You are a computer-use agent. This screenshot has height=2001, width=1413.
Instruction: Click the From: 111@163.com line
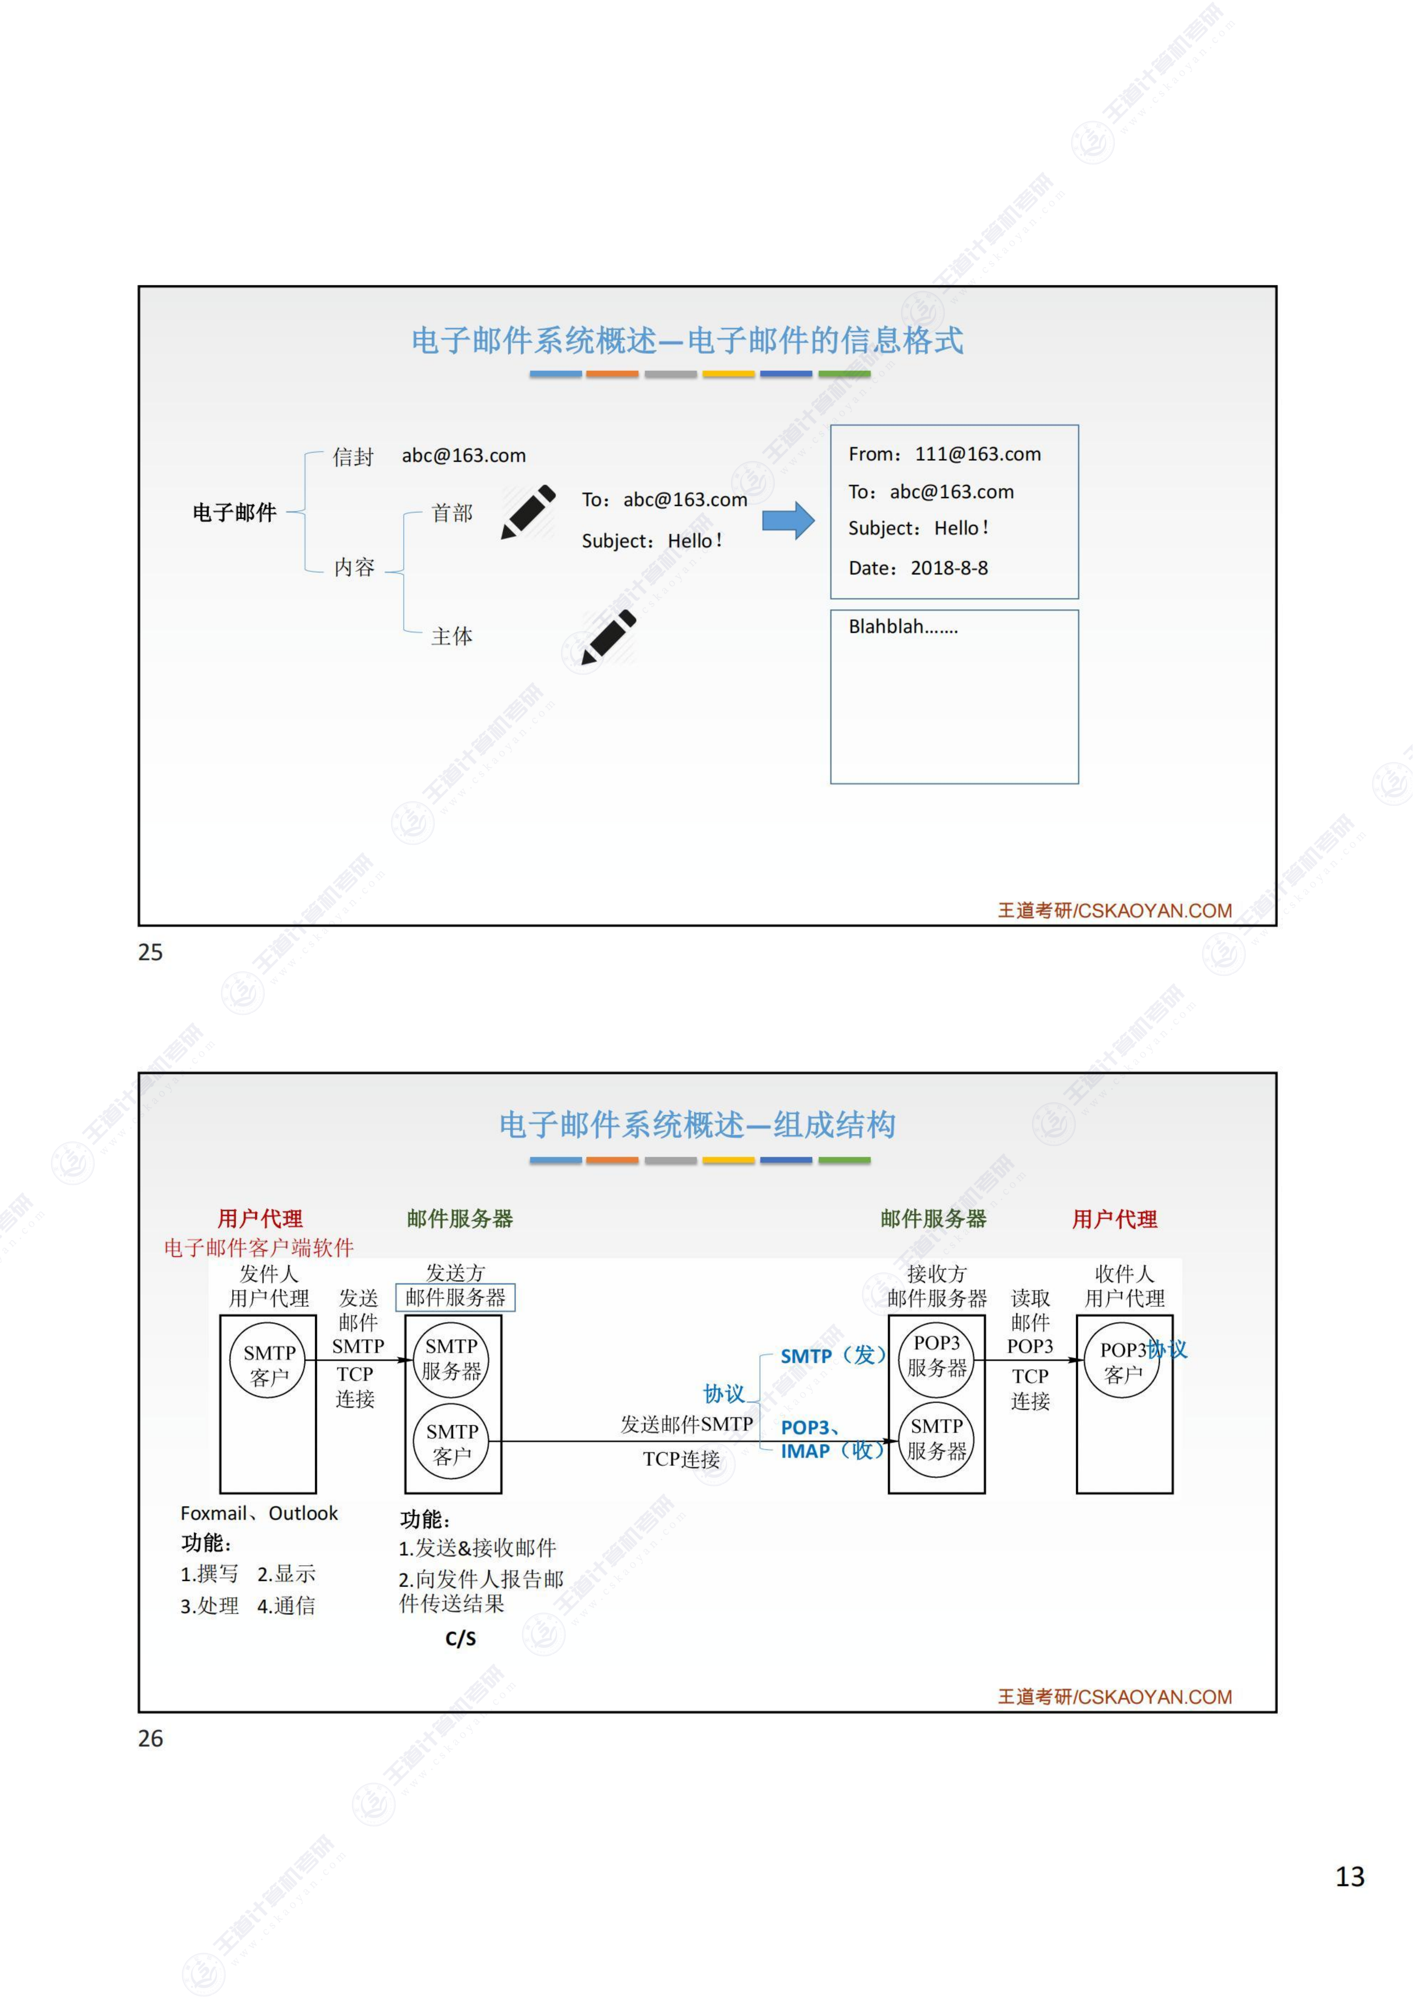[944, 454]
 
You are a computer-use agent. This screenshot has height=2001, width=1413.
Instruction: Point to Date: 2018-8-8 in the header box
[918, 568]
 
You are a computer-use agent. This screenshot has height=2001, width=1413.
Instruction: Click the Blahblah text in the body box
[903, 627]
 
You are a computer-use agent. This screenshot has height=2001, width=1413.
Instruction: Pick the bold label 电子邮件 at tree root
[234, 512]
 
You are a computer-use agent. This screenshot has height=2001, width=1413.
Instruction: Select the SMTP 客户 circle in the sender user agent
[269, 1365]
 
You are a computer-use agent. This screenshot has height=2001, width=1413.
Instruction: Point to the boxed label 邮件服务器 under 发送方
[456, 1298]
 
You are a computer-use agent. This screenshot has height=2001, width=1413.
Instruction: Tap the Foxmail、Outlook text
[259, 1513]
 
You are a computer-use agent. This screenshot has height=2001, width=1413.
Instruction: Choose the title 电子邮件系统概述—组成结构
[697, 1124]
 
